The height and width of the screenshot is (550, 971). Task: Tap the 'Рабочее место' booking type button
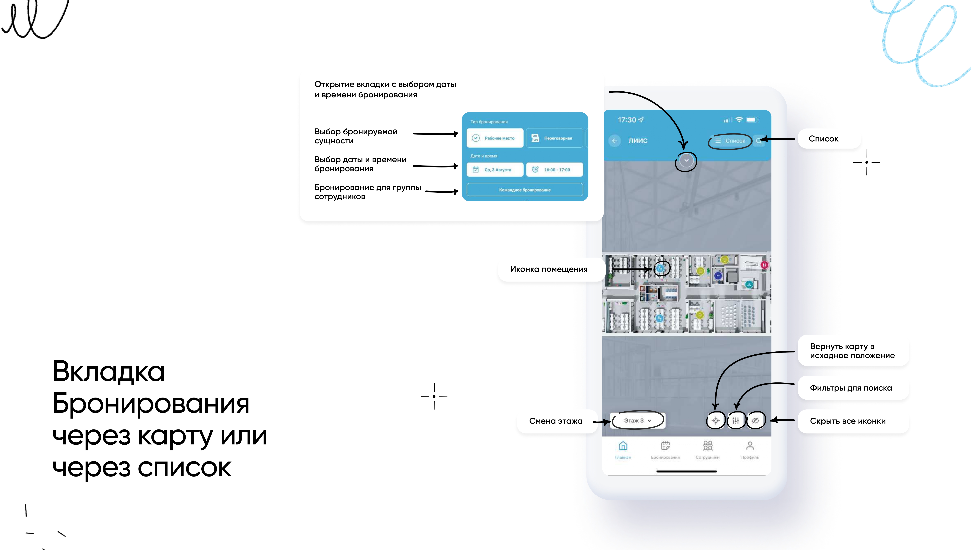tap(495, 138)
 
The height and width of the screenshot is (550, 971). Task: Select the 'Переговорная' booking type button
tap(554, 138)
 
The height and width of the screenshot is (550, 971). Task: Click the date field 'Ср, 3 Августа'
tap(495, 170)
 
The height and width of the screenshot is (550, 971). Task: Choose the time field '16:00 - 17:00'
tap(554, 170)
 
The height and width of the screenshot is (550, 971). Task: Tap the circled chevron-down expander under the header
tap(686, 161)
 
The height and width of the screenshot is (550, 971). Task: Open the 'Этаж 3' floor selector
tap(637, 420)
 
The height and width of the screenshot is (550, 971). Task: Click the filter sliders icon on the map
tap(735, 420)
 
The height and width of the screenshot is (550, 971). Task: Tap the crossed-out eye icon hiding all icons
tap(755, 420)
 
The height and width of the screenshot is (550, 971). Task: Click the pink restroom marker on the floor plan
tap(764, 265)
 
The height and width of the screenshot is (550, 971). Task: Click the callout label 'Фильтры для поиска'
tap(851, 388)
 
